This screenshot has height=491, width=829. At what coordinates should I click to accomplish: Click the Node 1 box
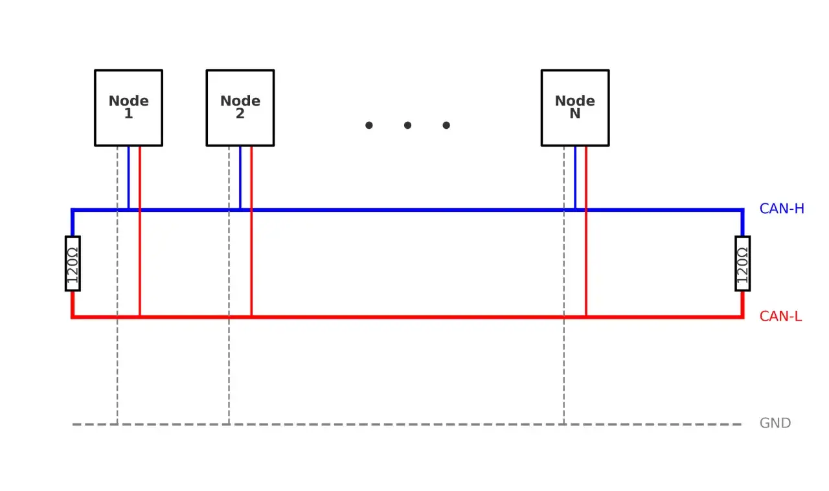click(x=128, y=108)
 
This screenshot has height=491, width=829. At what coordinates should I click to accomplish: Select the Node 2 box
click(x=240, y=108)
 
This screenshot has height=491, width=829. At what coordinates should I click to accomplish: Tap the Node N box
click(x=575, y=108)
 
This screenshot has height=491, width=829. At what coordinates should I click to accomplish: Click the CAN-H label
click(x=782, y=209)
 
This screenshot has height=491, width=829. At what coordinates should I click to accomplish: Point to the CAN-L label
click(x=780, y=316)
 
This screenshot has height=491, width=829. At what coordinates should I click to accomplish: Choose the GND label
click(x=775, y=423)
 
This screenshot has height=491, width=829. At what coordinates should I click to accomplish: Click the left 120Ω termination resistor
click(x=73, y=264)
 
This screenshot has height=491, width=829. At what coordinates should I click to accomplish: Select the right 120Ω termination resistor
click(x=742, y=264)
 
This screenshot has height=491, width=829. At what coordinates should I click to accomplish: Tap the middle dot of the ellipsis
click(x=407, y=125)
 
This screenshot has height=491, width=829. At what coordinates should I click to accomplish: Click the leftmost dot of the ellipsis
click(x=369, y=125)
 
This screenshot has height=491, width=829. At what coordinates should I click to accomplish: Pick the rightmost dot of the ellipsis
click(x=446, y=125)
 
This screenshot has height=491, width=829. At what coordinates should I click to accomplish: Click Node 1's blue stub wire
click(x=128, y=177)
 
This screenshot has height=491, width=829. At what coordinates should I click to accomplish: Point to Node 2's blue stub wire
click(x=240, y=177)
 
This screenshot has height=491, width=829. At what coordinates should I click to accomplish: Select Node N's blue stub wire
click(x=575, y=177)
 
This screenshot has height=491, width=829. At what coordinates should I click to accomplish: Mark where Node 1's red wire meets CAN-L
click(x=139, y=317)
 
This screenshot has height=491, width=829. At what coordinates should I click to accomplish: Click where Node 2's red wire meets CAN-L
click(x=251, y=317)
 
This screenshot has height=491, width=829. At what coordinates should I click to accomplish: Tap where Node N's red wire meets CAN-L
click(x=586, y=317)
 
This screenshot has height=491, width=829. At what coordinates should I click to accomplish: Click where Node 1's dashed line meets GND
click(x=117, y=424)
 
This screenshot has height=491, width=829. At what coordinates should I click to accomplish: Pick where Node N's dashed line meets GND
click(x=564, y=424)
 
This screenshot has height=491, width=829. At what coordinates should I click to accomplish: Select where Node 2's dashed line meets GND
click(x=229, y=424)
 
